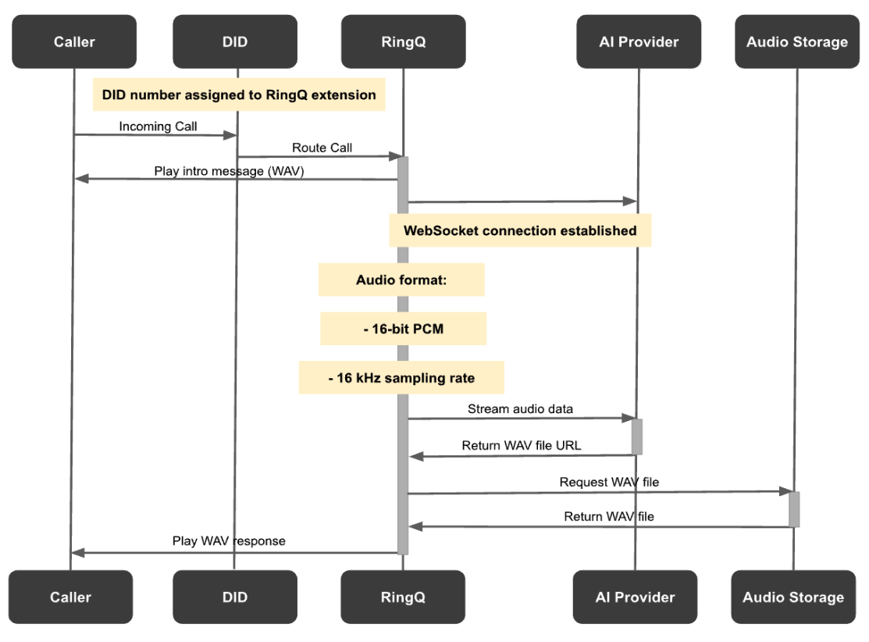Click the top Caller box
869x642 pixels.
[74, 41]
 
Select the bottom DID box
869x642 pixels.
[235, 597]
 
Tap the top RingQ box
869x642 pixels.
[404, 41]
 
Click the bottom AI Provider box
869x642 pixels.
[635, 597]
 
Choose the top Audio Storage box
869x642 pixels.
[796, 41]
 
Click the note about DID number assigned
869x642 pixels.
[239, 95]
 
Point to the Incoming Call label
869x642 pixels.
[158, 126]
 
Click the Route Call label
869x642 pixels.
[322, 148]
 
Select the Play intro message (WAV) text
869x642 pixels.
[229, 171]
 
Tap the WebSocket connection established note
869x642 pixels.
[520, 230]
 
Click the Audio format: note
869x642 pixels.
[401, 280]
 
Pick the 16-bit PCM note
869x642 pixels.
[403, 329]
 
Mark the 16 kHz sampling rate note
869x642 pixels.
[401, 377]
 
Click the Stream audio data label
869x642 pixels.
[520, 408]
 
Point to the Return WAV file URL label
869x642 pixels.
[521, 446]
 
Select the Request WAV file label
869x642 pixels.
[609, 482]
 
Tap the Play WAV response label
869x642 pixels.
[229, 540]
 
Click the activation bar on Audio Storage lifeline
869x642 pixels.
[794, 509]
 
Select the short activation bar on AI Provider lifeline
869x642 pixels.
[636, 437]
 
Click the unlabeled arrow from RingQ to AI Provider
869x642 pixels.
[521, 202]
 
